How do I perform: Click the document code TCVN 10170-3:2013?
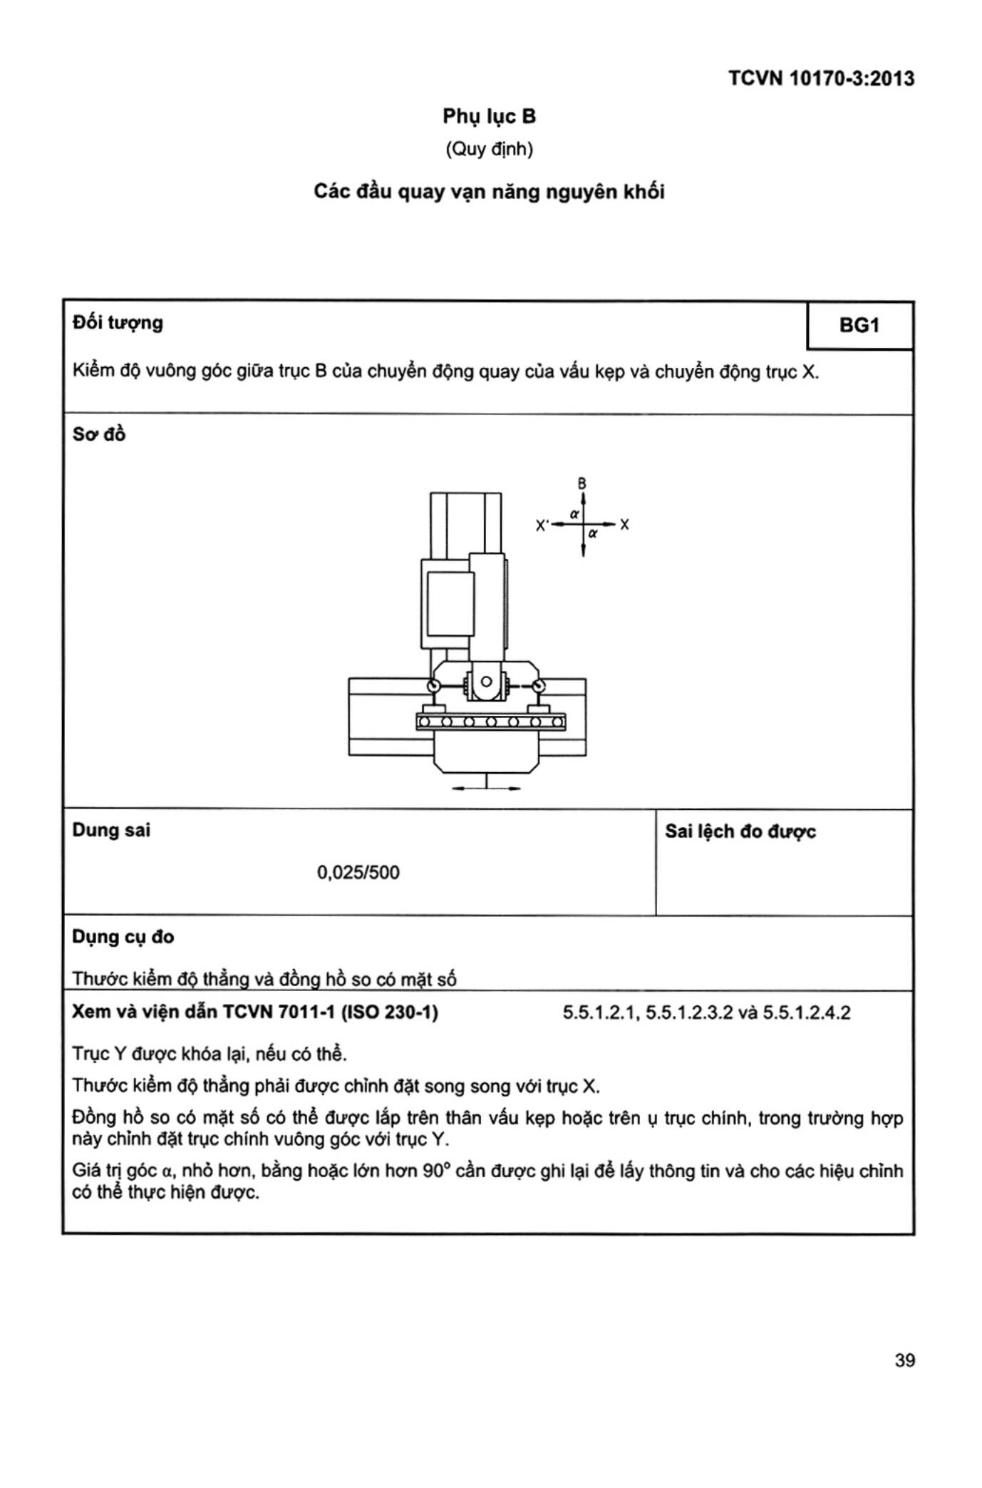click(x=821, y=78)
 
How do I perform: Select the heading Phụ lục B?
click(x=489, y=116)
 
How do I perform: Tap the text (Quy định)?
click(x=489, y=149)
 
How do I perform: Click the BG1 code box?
click(x=859, y=325)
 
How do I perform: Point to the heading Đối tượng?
click(x=118, y=323)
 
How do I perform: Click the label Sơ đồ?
click(x=99, y=434)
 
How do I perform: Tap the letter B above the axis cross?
click(x=582, y=483)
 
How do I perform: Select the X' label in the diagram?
click(x=542, y=525)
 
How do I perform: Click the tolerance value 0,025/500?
click(x=358, y=872)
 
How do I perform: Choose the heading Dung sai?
click(x=111, y=830)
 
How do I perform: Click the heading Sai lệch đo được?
click(x=740, y=831)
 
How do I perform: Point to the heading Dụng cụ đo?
click(x=123, y=937)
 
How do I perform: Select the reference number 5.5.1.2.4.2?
click(x=807, y=1013)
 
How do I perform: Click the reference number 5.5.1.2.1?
click(x=601, y=1013)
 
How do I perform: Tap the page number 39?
click(x=904, y=1360)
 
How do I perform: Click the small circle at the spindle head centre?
click(x=486, y=682)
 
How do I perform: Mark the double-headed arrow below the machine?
click(x=487, y=788)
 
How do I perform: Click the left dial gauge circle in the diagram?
click(x=433, y=687)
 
